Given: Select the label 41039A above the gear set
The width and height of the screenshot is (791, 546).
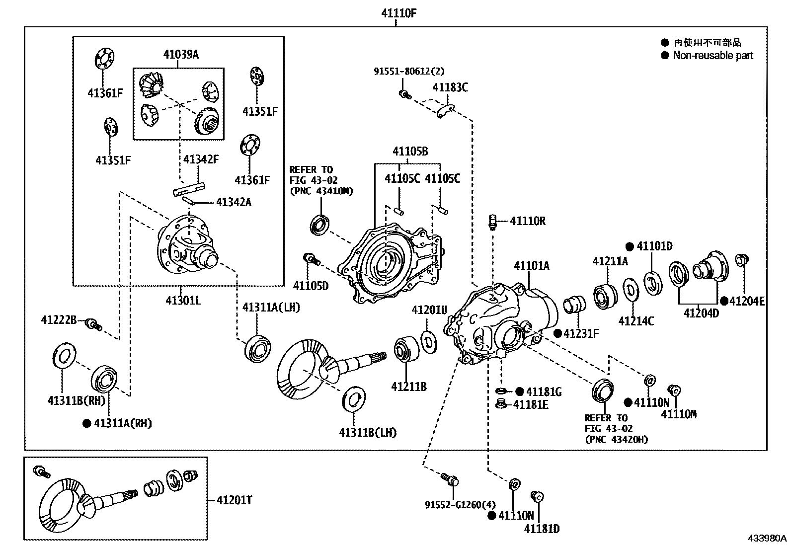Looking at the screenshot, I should [181, 55].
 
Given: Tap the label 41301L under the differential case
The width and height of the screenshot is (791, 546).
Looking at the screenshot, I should [183, 300].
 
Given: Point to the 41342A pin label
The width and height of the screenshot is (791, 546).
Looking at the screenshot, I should [233, 202].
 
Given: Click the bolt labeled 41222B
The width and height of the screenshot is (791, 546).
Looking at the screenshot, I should [93, 324].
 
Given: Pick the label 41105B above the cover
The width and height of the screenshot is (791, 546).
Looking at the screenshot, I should [410, 151].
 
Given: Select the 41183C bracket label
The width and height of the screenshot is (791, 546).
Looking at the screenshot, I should [450, 87].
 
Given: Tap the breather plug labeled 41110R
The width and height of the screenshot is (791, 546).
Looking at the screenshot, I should [493, 222].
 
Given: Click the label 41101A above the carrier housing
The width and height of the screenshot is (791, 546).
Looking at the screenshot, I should [532, 266].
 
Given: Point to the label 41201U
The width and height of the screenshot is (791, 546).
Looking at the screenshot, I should [429, 311].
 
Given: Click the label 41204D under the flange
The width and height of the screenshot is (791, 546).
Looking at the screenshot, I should [701, 313].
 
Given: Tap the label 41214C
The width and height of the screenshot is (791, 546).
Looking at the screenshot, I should [636, 321].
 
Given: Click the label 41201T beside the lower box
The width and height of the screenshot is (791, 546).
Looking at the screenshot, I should [234, 500].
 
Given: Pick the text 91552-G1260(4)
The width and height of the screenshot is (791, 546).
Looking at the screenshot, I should [452, 505].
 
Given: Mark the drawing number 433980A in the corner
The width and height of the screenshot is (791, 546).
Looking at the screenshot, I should [768, 538].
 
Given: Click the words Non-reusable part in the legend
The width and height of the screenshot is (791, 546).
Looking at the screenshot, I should [713, 56].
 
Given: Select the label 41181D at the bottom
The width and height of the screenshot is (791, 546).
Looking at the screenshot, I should [542, 529].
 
